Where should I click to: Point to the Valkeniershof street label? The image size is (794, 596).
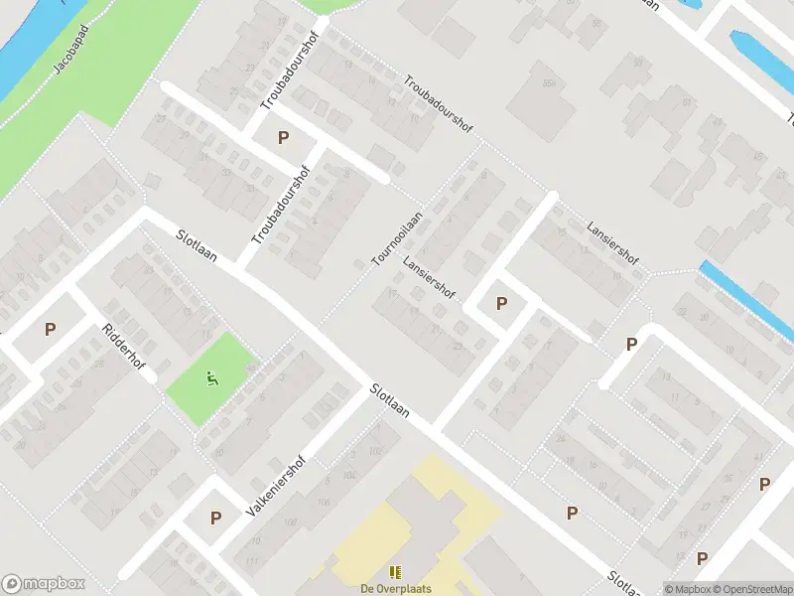coord(275,488)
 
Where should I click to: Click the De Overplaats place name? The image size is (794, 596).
coord(395,587)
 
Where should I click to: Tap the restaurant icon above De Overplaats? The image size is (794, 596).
coord(395,572)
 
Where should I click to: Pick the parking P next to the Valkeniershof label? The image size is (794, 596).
coord(215,518)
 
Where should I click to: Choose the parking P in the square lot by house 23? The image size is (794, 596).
coord(501,303)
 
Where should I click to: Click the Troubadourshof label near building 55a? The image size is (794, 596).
coord(439,103)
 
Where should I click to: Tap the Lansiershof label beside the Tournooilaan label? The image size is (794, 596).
coord(429,279)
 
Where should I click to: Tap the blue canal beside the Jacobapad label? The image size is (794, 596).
coord(25,50)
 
